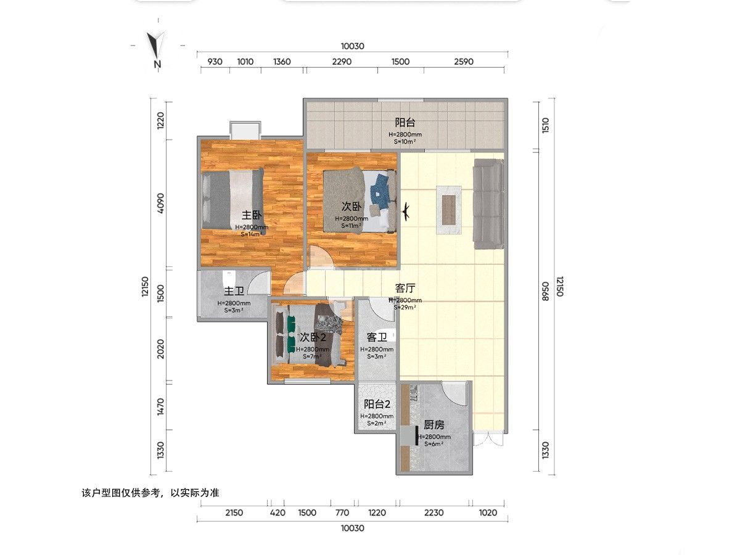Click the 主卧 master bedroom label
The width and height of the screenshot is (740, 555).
(x=252, y=215)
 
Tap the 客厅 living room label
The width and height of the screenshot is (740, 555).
(x=405, y=288)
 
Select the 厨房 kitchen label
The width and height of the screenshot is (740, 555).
(x=434, y=425)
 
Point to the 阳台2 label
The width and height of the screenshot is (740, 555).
(x=377, y=404)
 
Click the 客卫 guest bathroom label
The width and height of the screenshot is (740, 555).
(x=377, y=337)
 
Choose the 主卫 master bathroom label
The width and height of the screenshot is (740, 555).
(x=234, y=291)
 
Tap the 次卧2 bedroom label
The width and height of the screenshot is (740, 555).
(x=313, y=337)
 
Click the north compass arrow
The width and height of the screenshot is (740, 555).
(x=157, y=45)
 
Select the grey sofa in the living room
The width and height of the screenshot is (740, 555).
(x=488, y=204)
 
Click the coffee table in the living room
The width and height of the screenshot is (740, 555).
(x=449, y=210)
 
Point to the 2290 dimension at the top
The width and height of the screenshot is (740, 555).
(x=342, y=62)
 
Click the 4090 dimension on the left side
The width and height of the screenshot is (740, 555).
(x=161, y=203)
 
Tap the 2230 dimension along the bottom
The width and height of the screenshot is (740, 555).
(x=434, y=513)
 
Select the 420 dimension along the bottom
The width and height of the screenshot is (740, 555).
(x=277, y=513)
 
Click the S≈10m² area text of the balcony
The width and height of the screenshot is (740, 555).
(x=405, y=142)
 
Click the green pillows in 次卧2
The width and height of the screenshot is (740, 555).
(x=291, y=334)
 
